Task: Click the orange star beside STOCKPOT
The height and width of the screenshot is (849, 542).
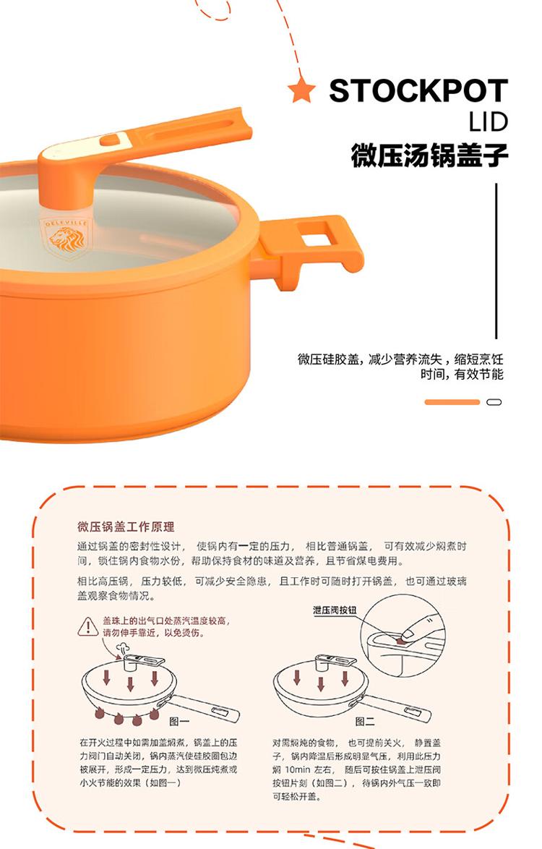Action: (302, 90)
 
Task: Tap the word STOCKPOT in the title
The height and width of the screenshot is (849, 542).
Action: (418, 90)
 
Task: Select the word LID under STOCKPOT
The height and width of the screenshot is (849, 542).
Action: (489, 122)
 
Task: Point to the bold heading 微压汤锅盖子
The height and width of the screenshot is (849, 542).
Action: (429, 155)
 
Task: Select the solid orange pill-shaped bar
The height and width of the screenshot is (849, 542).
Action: (452, 402)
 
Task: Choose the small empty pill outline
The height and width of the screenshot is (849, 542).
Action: (494, 402)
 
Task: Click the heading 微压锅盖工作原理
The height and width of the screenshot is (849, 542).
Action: (126, 527)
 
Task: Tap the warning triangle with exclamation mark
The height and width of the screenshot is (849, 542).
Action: (87, 627)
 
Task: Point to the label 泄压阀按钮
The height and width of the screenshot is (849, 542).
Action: (335, 610)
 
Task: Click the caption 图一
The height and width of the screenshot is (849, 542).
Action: (180, 721)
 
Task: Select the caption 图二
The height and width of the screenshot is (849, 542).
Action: (365, 721)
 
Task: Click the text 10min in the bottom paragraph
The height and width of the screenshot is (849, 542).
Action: (297, 769)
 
